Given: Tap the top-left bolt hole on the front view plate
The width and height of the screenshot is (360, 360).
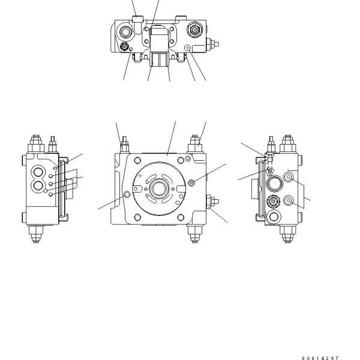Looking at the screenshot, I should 139,160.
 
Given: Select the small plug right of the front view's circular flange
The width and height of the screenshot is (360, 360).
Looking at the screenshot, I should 191,182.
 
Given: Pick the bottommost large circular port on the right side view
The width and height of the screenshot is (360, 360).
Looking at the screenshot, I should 274,217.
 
